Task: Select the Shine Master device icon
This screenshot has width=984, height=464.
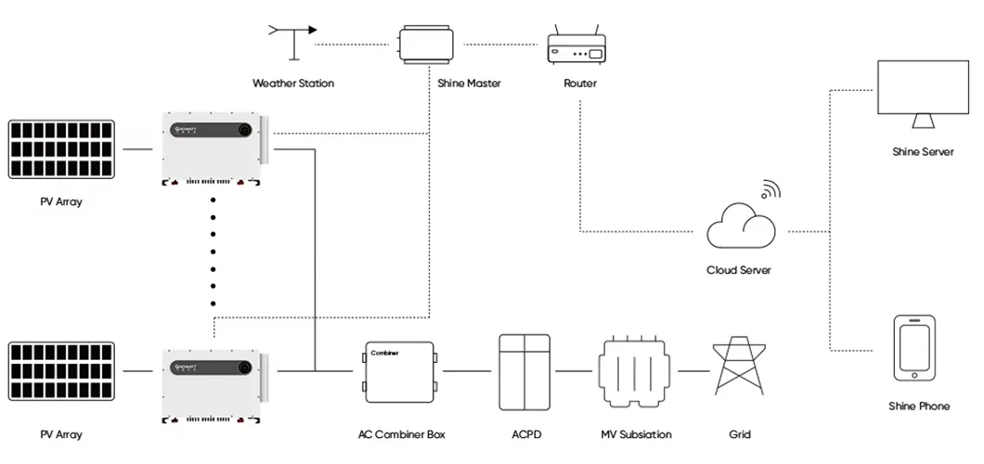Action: point(424,45)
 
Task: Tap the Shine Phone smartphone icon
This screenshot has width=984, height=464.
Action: point(912,348)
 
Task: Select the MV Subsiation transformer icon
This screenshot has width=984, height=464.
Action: point(634,372)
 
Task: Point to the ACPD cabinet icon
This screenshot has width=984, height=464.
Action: point(525,372)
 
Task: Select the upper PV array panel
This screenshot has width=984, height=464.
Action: point(60,148)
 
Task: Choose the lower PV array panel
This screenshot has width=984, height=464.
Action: point(60,371)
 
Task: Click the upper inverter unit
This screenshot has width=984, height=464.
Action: point(211,148)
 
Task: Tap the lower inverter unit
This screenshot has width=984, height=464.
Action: point(211,384)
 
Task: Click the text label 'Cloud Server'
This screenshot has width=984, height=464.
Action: point(739,270)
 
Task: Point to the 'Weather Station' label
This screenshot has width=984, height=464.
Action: point(293,84)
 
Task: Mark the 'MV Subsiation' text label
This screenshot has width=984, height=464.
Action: point(636,434)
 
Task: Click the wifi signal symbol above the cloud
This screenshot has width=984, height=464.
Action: point(770,189)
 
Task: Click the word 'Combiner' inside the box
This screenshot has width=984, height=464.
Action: point(385,354)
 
